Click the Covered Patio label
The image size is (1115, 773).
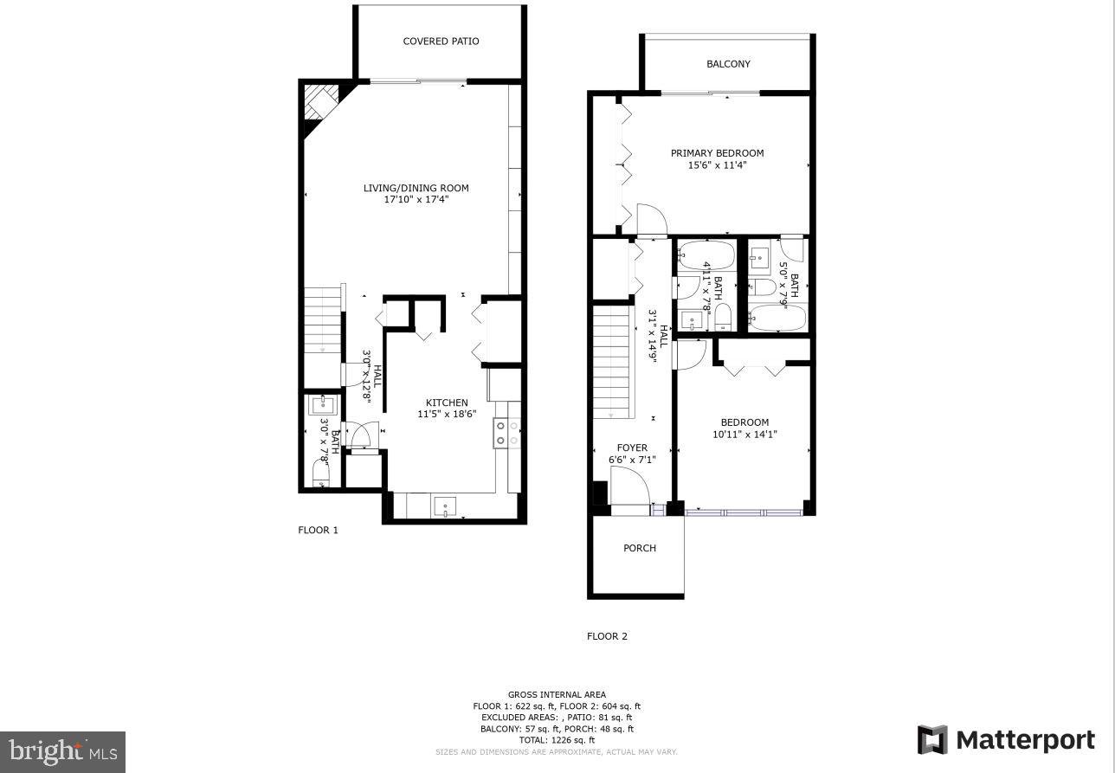441,42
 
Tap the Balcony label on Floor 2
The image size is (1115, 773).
728,64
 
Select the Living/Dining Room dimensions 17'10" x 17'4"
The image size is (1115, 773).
416,200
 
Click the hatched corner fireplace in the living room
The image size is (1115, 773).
321,102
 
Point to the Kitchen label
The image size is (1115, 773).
447,403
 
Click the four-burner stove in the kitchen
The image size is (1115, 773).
506,433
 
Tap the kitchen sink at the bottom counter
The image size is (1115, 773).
445,506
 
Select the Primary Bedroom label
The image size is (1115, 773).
718,153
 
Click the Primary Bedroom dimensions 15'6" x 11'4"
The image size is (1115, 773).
718,165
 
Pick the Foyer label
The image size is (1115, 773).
632,448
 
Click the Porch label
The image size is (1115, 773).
640,548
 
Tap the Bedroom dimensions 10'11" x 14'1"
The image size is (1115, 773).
744,434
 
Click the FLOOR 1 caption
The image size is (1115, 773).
318,530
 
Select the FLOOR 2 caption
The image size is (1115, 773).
607,636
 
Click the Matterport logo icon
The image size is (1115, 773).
932,739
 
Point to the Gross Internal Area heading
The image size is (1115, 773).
557,694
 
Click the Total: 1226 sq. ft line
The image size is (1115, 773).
557,740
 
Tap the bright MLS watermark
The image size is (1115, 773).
62,752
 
